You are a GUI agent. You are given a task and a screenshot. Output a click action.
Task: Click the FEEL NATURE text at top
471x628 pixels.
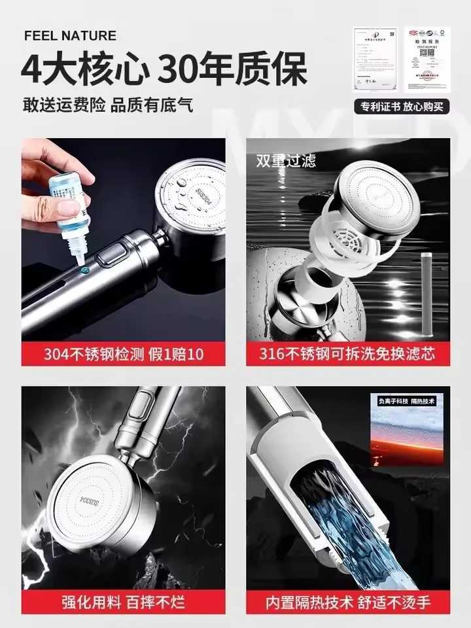point(70,35)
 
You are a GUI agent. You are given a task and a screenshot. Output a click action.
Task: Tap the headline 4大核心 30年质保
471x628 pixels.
point(164,69)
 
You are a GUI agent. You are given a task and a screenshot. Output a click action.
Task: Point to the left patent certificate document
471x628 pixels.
point(375,60)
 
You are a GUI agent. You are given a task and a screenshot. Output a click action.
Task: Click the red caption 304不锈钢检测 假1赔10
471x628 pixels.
point(124,355)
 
